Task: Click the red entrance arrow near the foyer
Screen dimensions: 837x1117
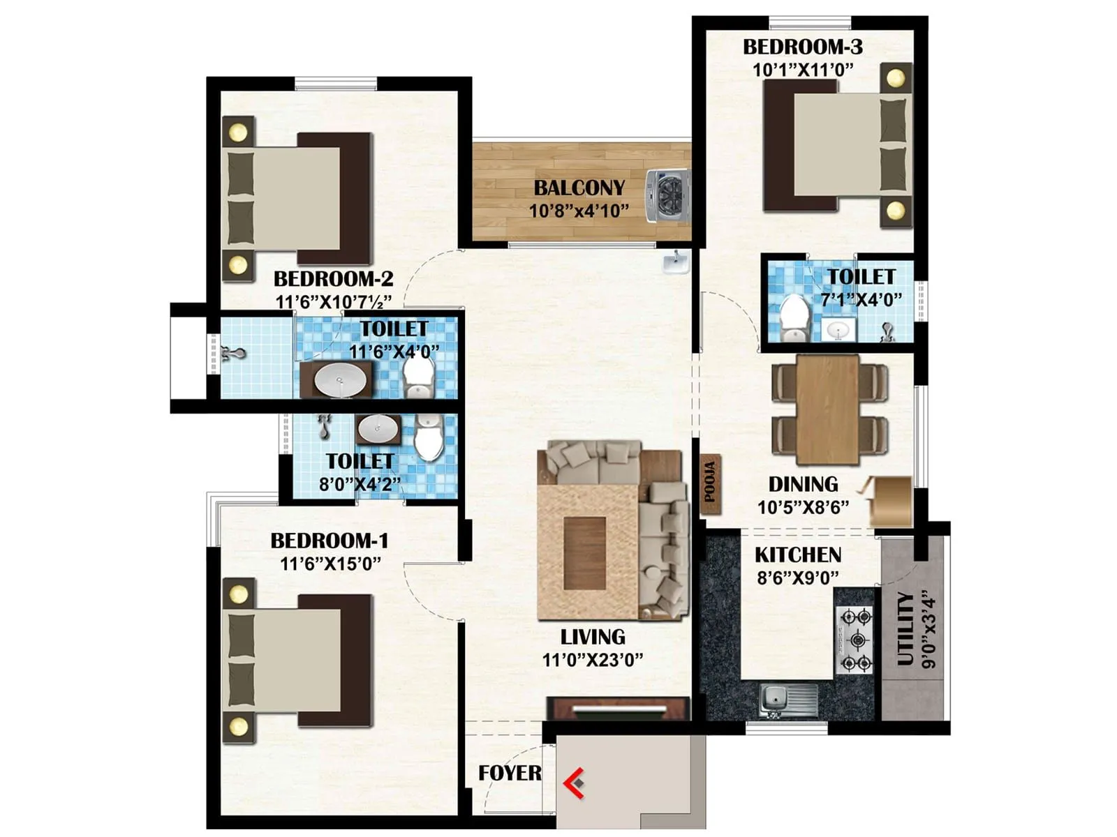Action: pyautogui.click(x=574, y=783)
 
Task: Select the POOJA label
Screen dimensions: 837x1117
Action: pyautogui.click(x=710, y=482)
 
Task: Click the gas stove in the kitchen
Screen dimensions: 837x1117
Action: pyautogui.click(x=855, y=640)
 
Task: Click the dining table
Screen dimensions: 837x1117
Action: pyautogui.click(x=828, y=409)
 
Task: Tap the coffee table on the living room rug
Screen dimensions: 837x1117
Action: pyautogui.click(x=584, y=553)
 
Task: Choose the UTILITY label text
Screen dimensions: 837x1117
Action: pyautogui.click(x=905, y=628)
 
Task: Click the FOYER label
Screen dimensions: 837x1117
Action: pyautogui.click(x=510, y=773)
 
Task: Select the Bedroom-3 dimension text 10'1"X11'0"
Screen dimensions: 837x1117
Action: pyautogui.click(x=803, y=70)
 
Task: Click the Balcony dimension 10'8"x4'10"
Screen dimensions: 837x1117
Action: pyautogui.click(x=579, y=211)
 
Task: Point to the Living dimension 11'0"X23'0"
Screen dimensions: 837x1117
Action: pyautogui.click(x=593, y=659)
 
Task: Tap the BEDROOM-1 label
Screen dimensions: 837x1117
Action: pyautogui.click(x=329, y=541)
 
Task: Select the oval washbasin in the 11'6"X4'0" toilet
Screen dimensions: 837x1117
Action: pyautogui.click(x=339, y=381)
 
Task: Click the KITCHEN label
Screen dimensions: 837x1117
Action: pyautogui.click(x=798, y=555)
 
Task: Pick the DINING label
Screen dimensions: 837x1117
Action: pyautogui.click(x=803, y=484)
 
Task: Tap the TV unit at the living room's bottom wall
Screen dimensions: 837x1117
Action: pyautogui.click(x=619, y=708)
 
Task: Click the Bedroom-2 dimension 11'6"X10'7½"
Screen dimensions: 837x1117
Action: pyautogui.click(x=334, y=302)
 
